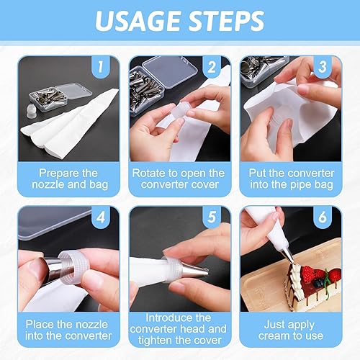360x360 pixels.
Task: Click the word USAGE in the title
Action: tap(138, 21)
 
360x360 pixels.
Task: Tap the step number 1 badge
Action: tap(101, 67)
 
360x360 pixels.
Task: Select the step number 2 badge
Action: tap(212, 67)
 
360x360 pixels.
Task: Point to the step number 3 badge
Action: tap(323, 67)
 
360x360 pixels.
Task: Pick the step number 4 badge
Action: tap(101, 217)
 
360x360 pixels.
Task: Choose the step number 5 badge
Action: tap(212, 217)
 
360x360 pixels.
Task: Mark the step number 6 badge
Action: tap(323, 217)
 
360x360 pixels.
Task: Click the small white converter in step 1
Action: tap(31, 111)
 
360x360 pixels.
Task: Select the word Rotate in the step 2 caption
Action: tap(147, 173)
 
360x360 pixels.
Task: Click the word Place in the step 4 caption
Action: tap(40, 324)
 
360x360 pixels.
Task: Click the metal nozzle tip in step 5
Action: tap(195, 271)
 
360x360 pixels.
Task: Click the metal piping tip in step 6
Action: tap(287, 256)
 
